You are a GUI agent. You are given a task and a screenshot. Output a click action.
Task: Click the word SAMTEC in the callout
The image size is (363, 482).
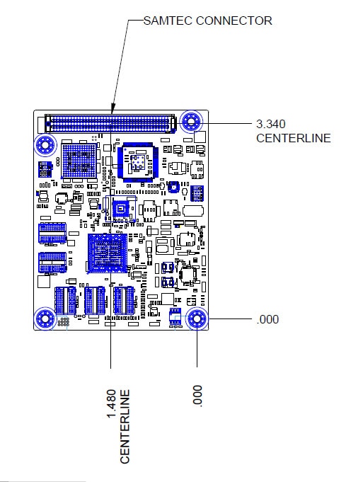pyautogui.click(x=168, y=21)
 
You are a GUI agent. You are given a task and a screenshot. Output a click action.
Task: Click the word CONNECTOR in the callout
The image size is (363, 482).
pyautogui.click(x=234, y=21)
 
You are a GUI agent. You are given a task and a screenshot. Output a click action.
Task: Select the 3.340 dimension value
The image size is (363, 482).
pyautogui.click(x=271, y=124)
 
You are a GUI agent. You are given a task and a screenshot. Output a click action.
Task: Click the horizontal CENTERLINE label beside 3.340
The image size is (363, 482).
pyautogui.click(x=294, y=138)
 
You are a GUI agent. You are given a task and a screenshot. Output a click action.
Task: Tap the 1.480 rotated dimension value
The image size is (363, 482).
pyautogui.click(x=111, y=403)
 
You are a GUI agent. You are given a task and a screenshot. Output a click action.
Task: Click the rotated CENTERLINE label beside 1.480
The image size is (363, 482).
pyautogui.click(x=125, y=427)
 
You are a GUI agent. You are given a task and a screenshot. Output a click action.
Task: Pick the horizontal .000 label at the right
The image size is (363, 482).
pyautogui.click(x=267, y=319)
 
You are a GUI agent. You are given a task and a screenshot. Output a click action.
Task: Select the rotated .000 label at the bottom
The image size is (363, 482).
pyautogui.click(x=197, y=396)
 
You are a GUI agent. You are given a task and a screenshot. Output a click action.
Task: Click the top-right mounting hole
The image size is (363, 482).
pyautogui.click(x=191, y=121)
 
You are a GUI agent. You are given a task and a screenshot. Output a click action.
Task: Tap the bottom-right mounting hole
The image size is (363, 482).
pyautogui.click(x=197, y=319)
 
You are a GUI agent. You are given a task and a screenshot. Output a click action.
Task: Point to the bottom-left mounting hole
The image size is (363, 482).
pyautogui.click(x=45, y=319)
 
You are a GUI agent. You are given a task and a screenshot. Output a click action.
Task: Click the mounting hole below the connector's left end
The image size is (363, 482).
pyautogui.click(x=45, y=144)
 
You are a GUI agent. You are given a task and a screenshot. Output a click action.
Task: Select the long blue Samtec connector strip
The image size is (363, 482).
pyautogui.click(x=110, y=124)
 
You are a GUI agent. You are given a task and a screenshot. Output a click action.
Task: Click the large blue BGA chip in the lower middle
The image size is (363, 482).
pyautogui.click(x=108, y=253)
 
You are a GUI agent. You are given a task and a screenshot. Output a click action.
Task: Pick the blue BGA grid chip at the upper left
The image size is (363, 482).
pyautogui.click(x=79, y=161)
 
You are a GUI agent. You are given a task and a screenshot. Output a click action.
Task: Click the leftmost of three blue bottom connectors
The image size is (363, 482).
pyautogui.click(x=66, y=300)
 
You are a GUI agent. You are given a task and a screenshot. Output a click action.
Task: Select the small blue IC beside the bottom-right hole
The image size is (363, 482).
pyautogui.click(x=175, y=316)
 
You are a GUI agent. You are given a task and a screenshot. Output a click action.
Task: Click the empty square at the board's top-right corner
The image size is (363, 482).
pyautogui.click(x=200, y=137)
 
